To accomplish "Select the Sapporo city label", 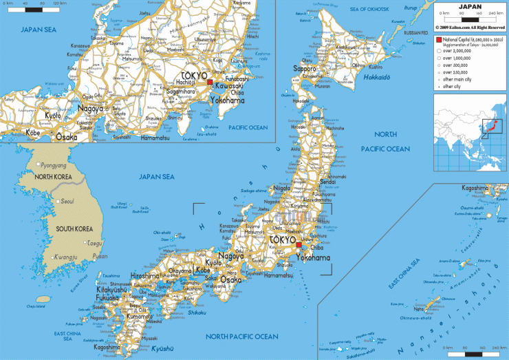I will [x=304, y=69].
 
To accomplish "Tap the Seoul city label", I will [x=67, y=201].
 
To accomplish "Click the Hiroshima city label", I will [x=145, y=275].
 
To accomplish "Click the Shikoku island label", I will [x=197, y=293].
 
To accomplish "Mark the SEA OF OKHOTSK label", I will [x=375, y=9].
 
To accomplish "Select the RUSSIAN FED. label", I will [x=416, y=32].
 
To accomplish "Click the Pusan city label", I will [x=100, y=256].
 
